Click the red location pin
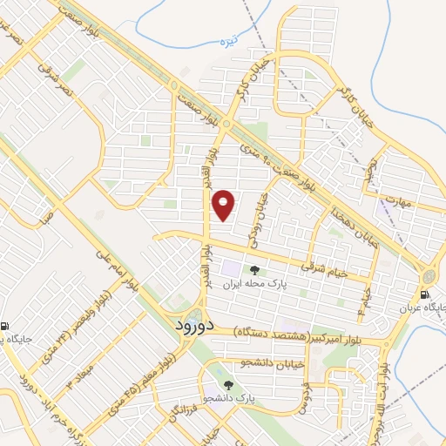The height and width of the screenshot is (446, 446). [225, 206]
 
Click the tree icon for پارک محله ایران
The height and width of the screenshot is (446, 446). [254, 270]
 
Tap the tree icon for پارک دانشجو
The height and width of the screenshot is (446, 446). [229, 383]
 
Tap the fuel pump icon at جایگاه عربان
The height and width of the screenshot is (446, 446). [428, 294]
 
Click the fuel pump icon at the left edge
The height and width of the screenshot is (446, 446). [4, 325]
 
